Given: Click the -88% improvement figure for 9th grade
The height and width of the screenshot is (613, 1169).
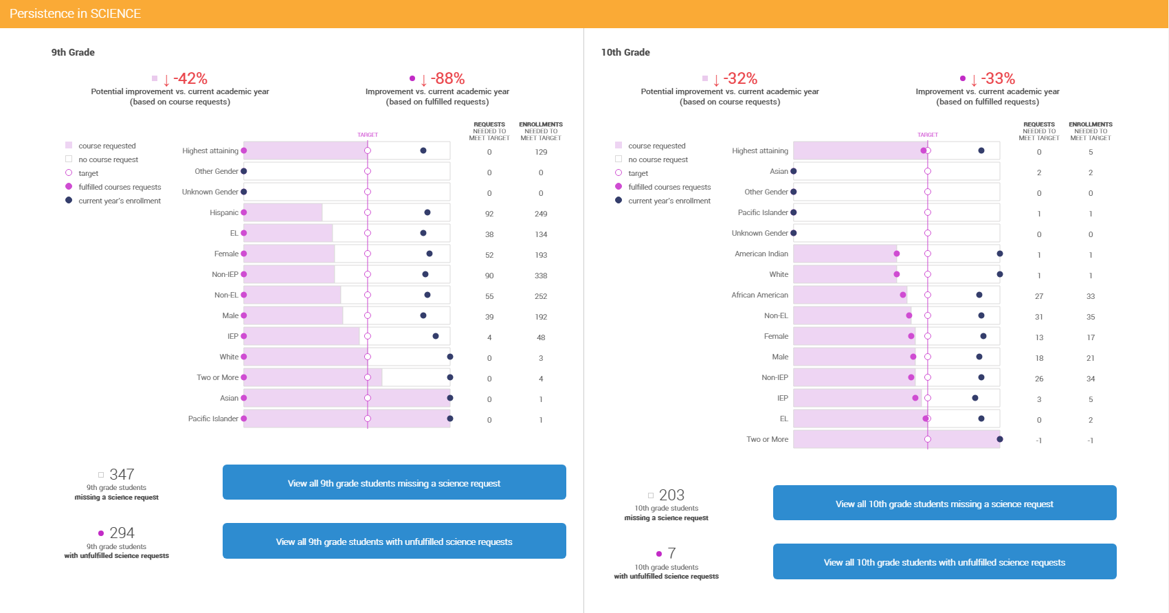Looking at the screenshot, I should pos(447,79).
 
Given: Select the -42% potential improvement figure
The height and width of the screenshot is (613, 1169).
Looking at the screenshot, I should pos(190,79).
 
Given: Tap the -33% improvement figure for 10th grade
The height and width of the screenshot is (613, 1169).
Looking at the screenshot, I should pos(997,79).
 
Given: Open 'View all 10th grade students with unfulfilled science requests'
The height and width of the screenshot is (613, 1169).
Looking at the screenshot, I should pos(944,562).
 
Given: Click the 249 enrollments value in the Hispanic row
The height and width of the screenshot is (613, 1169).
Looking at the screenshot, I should pos(541,214).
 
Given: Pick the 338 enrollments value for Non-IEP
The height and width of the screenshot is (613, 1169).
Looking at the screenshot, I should pos(541,276).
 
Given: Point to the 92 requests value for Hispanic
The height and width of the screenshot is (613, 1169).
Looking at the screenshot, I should pos(489,214).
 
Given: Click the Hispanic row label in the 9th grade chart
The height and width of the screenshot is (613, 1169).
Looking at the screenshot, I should pos(224,213).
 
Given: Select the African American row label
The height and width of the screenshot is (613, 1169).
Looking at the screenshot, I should pos(759,296).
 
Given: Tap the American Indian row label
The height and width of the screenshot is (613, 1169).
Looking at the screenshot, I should pos(761,254).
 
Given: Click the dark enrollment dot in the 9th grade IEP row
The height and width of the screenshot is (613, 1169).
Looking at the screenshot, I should pos(436,336).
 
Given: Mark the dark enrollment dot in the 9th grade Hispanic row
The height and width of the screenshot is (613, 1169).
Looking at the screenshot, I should pos(427,212).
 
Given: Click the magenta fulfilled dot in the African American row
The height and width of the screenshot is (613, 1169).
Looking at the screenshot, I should pos(903,295).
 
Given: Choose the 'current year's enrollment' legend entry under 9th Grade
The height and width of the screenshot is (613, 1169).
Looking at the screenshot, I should pos(119,201).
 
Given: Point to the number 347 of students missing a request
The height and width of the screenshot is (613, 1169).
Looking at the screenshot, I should pos(122,475).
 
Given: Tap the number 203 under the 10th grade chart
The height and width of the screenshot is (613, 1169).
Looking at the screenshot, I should pos(671,495).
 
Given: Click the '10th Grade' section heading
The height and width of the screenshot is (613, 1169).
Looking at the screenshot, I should pos(625,52).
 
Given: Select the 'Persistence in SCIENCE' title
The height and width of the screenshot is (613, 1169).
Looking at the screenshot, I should pos(75,14).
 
